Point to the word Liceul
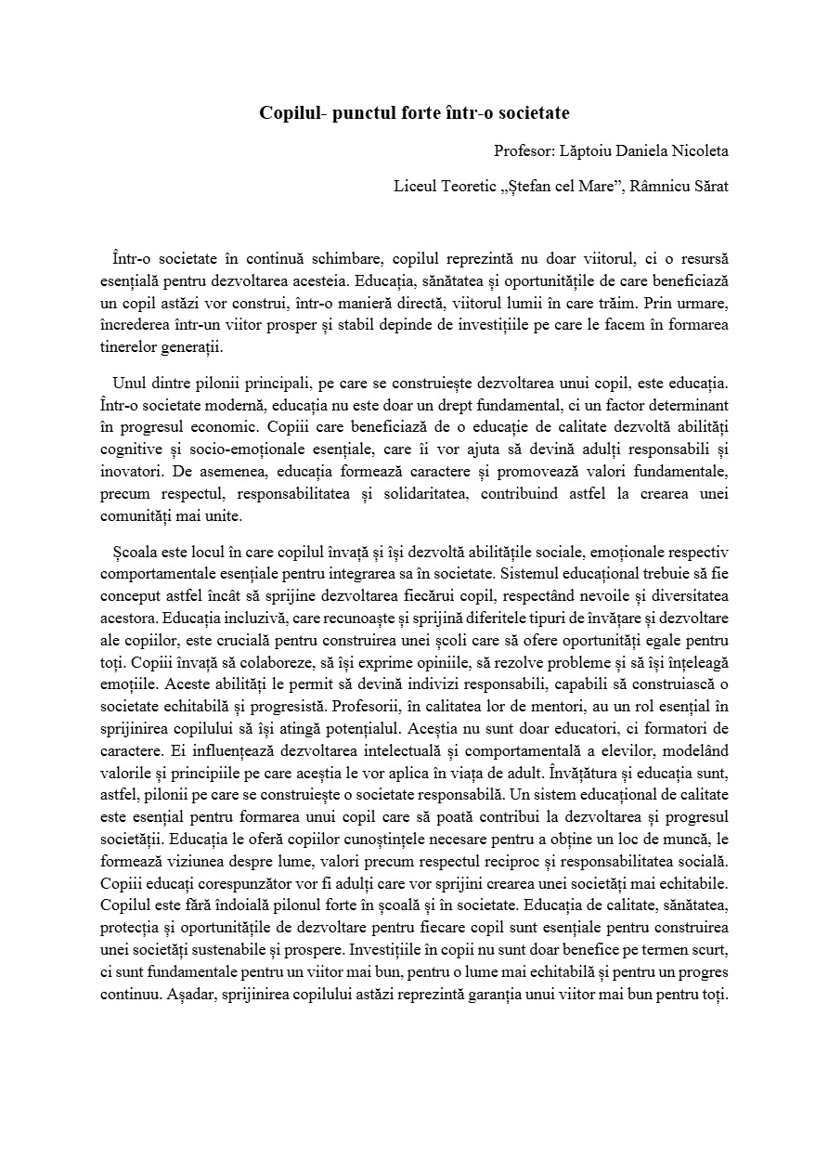point(414,186)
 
